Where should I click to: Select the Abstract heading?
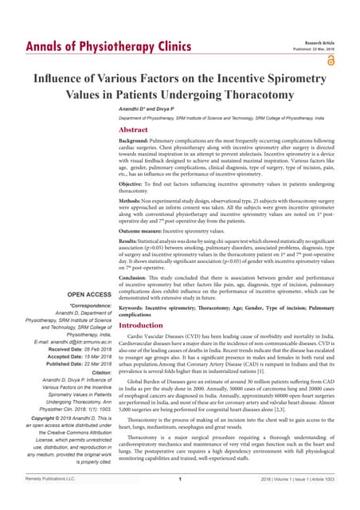tap(135, 129)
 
